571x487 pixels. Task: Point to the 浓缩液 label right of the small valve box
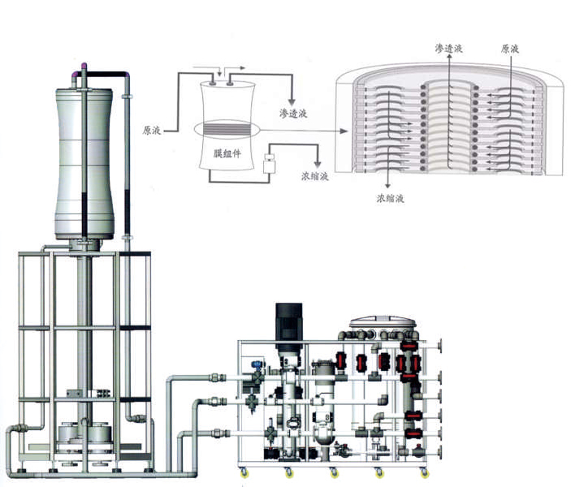pyautogui.click(x=314, y=175)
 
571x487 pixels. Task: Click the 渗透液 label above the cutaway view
pyautogui.click(x=448, y=49)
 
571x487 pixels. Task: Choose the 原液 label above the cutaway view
pyautogui.click(x=510, y=49)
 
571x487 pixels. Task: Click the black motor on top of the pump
pyautogui.click(x=288, y=321)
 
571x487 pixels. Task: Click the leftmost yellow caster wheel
pyautogui.click(x=242, y=472)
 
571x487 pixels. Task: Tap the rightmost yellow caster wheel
pyautogui.click(x=425, y=472)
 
